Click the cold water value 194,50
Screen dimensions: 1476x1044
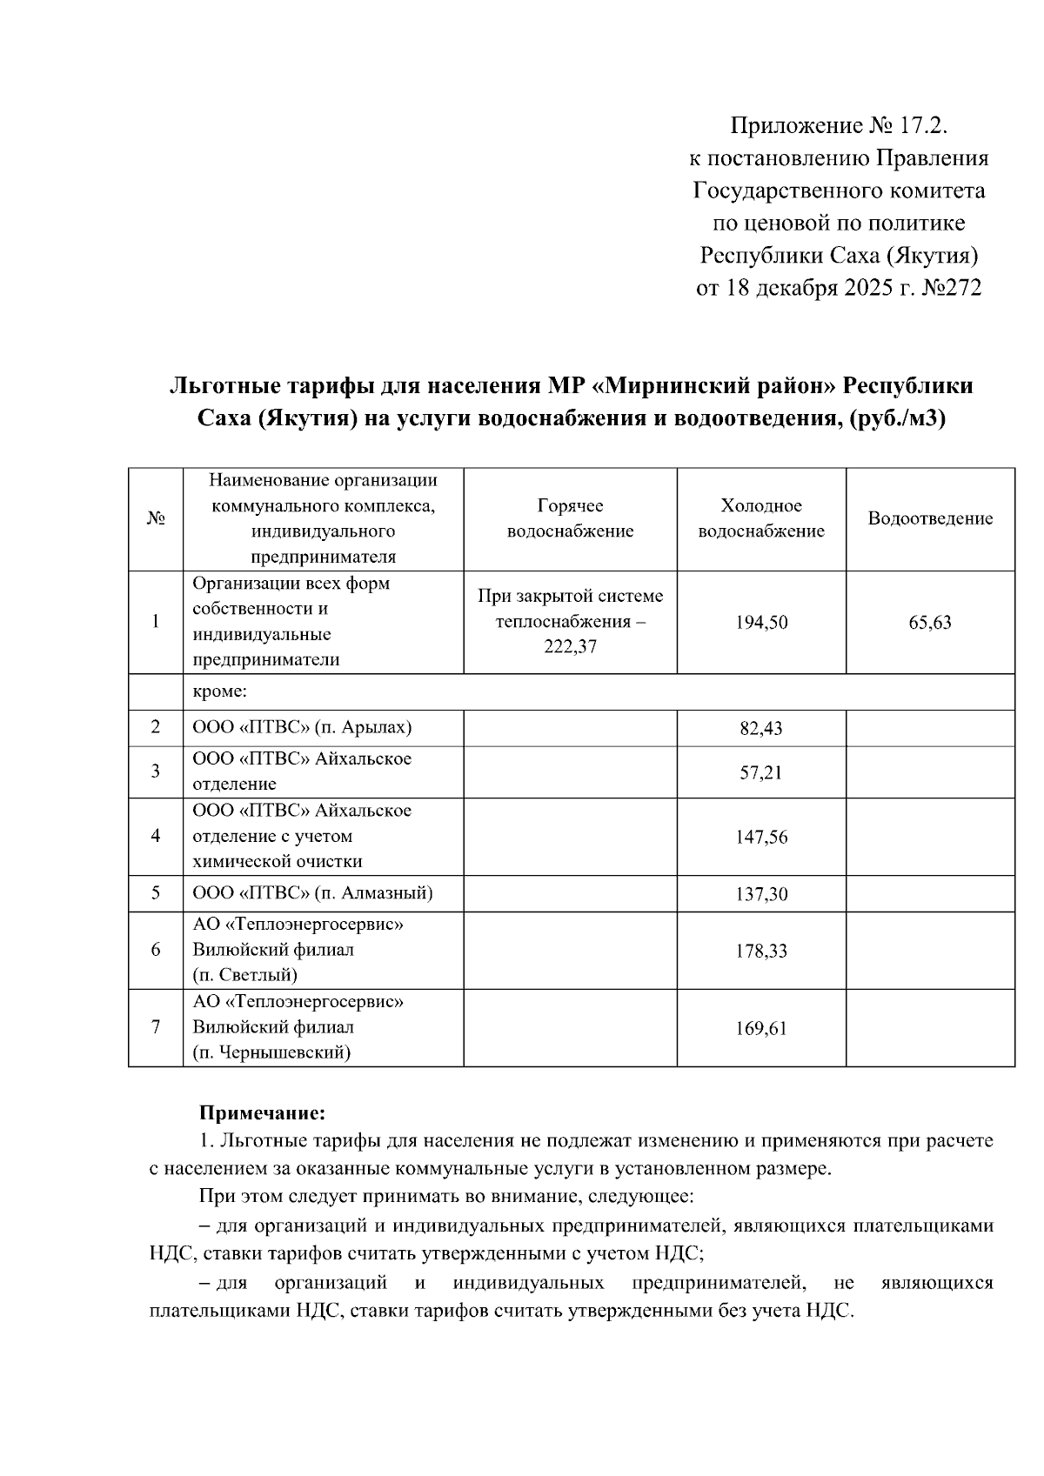click(x=761, y=623)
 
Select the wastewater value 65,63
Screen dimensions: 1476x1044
click(x=929, y=623)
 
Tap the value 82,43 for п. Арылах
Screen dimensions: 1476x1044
click(x=761, y=729)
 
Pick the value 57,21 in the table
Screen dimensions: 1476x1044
click(x=761, y=772)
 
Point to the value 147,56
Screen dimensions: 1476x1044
click(x=761, y=837)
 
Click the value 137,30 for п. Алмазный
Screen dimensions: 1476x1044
click(x=761, y=894)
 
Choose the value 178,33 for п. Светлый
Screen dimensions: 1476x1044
click(x=761, y=951)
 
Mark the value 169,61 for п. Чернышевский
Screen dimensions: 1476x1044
click(x=761, y=1028)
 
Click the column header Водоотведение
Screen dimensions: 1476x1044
click(x=929, y=519)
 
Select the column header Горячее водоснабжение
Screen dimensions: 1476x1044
click(x=570, y=519)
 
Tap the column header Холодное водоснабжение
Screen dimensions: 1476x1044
click(x=761, y=519)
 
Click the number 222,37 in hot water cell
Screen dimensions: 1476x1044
click(x=570, y=647)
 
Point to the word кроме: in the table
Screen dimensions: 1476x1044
click(x=220, y=692)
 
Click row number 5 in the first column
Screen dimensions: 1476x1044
click(x=155, y=893)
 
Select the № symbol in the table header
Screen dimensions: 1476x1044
click(x=155, y=519)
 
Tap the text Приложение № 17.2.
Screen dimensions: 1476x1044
click(x=837, y=127)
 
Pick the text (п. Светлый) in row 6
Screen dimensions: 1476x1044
click(x=245, y=975)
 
